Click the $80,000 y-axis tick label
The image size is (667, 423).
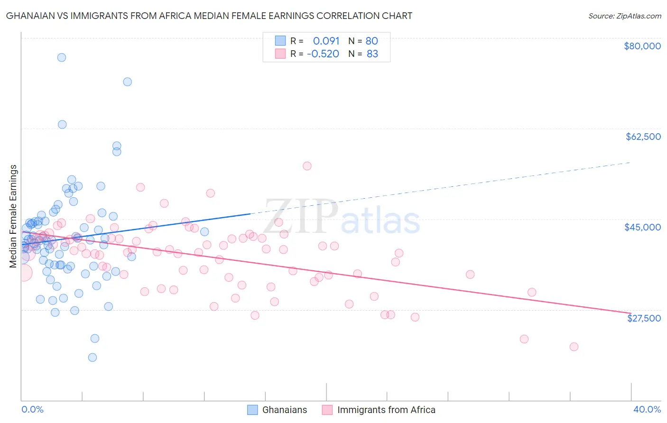(x=642, y=46)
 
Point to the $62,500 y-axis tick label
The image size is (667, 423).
(x=643, y=137)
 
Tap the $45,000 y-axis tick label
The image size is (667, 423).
(x=643, y=227)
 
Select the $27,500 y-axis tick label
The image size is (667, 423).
(x=644, y=318)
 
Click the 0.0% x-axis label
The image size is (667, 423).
(x=32, y=409)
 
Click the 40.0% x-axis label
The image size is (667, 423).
(x=647, y=409)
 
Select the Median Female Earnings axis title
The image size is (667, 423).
(x=13, y=216)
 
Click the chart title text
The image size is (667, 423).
(x=209, y=16)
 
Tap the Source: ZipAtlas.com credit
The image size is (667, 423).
(x=624, y=16)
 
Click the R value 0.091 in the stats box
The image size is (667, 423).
(x=326, y=41)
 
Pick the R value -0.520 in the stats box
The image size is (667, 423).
(x=323, y=54)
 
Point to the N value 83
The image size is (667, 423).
(x=372, y=54)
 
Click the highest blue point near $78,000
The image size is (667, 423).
(x=61, y=57)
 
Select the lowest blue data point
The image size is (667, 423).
(x=93, y=358)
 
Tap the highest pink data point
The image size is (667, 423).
(x=307, y=166)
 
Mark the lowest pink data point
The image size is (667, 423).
(x=574, y=347)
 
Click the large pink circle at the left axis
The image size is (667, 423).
(x=23, y=273)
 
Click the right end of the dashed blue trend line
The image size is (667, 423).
(x=630, y=162)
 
